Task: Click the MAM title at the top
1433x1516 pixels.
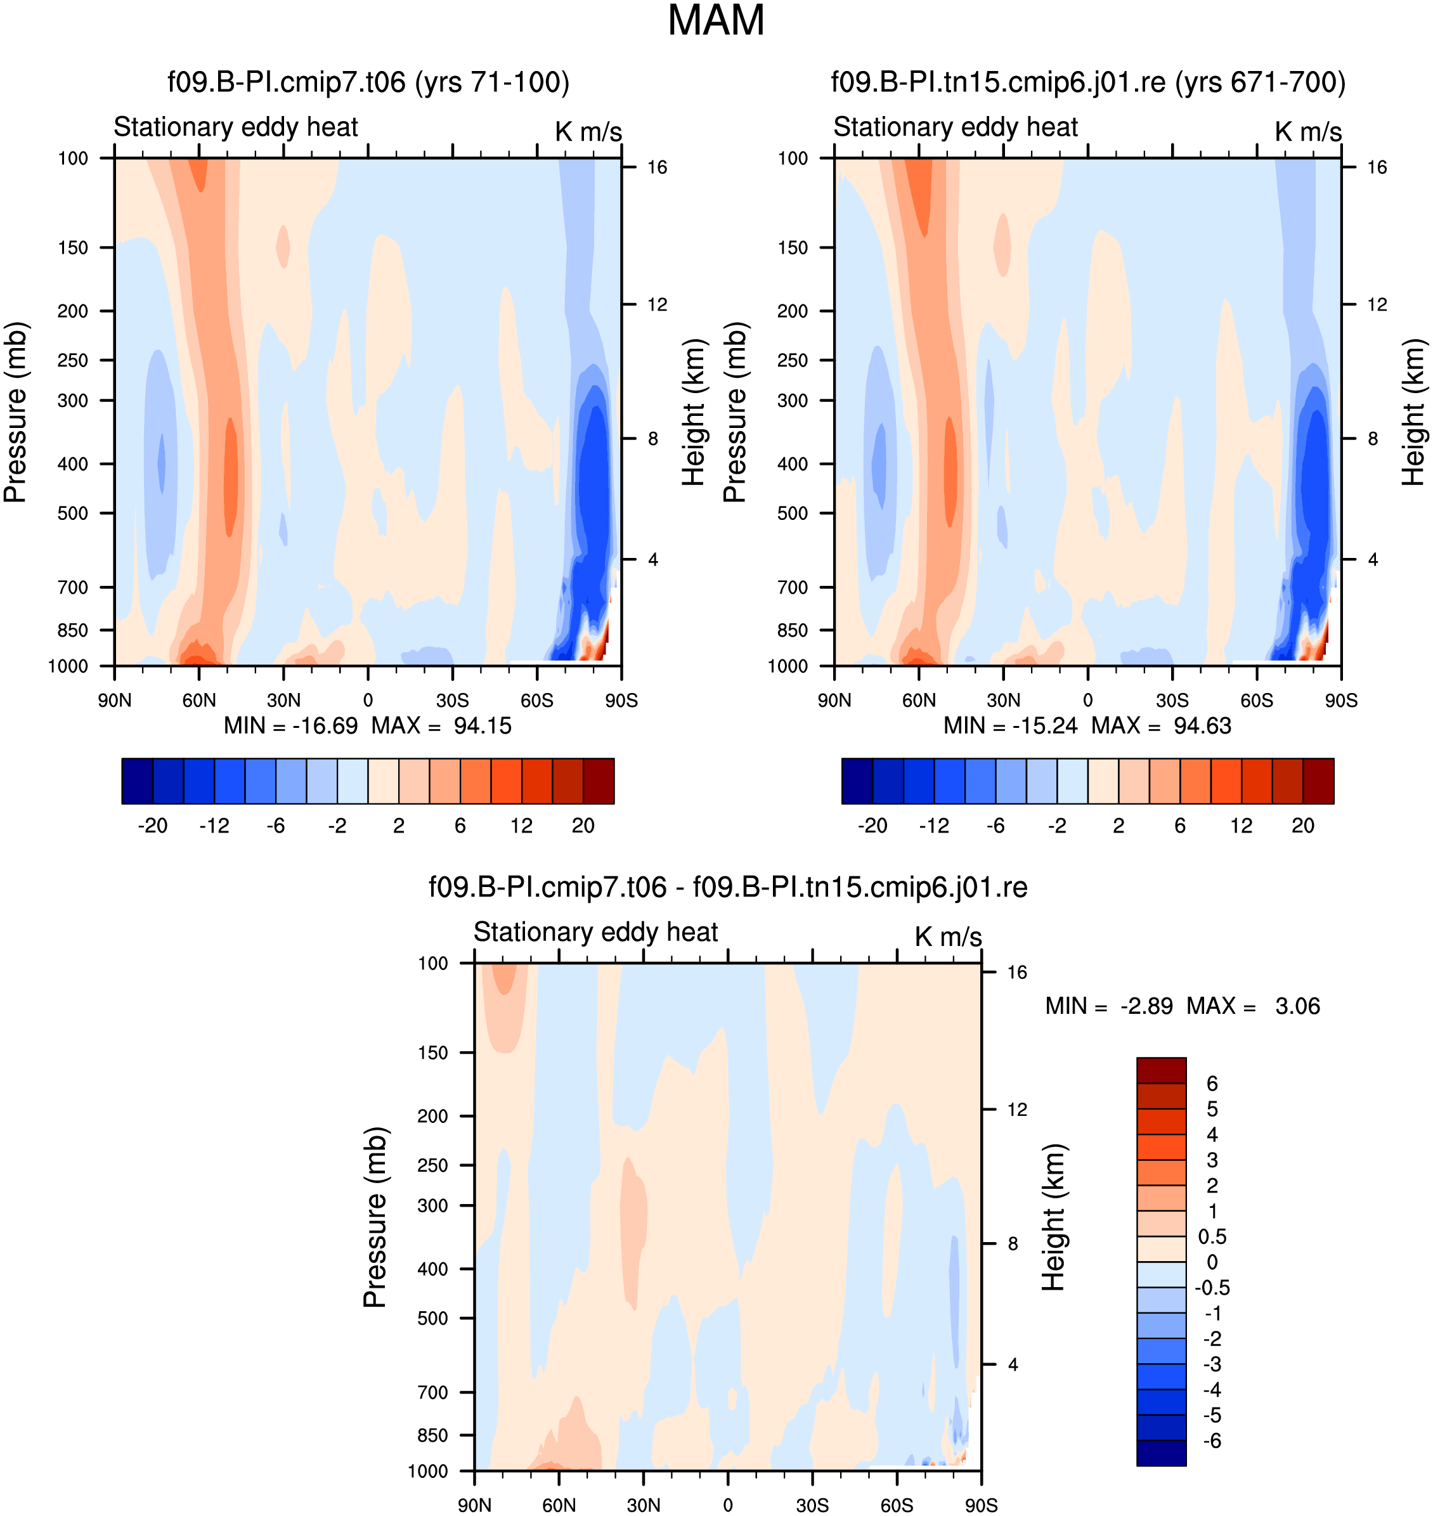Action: (x=716, y=21)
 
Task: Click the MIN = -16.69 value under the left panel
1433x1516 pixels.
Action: (x=290, y=725)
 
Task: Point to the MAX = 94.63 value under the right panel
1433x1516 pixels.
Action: (x=1161, y=725)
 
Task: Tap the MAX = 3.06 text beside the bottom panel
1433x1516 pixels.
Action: (x=1253, y=1006)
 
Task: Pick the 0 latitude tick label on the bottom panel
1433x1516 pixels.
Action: (x=728, y=1505)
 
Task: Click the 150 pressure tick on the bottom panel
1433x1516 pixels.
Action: (x=432, y=1053)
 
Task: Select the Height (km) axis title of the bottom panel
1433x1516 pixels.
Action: (x=1053, y=1217)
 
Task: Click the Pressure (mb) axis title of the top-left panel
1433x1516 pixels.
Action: (x=15, y=412)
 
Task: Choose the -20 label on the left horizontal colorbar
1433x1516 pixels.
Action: (x=153, y=826)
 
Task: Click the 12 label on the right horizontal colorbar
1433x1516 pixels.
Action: (x=1242, y=826)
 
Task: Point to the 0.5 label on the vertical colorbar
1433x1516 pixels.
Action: (x=1212, y=1236)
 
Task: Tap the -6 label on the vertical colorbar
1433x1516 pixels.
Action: (x=1212, y=1441)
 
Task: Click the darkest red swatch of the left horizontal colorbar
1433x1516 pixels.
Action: (x=599, y=781)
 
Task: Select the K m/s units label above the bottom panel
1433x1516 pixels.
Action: (x=948, y=937)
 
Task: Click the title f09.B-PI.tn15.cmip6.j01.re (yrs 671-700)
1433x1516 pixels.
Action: (x=1087, y=82)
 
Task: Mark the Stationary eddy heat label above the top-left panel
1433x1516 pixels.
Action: (x=236, y=127)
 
